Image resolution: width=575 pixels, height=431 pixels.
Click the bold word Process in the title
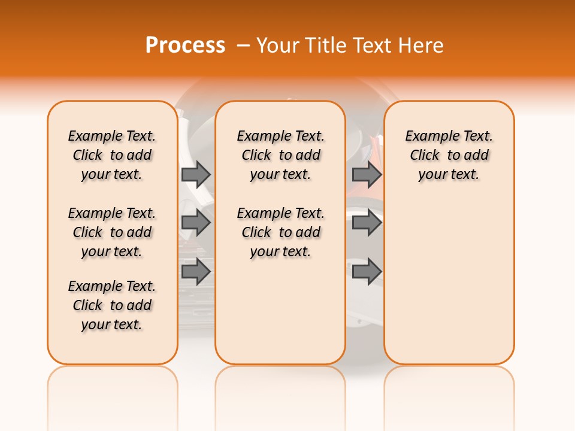pyautogui.click(x=185, y=45)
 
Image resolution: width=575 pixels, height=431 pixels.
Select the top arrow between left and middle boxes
pyautogui.click(x=195, y=175)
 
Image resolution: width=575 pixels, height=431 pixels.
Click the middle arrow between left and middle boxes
pyautogui.click(x=195, y=223)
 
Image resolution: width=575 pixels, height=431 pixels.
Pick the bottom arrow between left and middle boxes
pyautogui.click(x=195, y=272)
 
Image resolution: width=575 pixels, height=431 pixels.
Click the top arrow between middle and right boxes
pyautogui.click(x=367, y=175)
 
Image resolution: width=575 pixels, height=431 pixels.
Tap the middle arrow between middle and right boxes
pyautogui.click(x=367, y=223)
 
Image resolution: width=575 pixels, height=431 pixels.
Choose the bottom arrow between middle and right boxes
pyautogui.click(x=367, y=272)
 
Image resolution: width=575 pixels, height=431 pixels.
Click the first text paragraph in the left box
pyautogui.click(x=112, y=155)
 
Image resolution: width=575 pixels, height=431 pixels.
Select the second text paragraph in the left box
pyautogui.click(x=112, y=232)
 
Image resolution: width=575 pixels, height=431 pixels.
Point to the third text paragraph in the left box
pyautogui.click(x=112, y=305)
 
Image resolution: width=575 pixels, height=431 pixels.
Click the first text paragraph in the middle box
pyautogui.click(x=280, y=155)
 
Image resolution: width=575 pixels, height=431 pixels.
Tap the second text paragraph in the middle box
pyautogui.click(x=280, y=232)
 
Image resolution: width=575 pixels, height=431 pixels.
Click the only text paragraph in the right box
pyautogui.click(x=449, y=155)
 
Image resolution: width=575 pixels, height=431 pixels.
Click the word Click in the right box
pyautogui.click(x=425, y=156)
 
